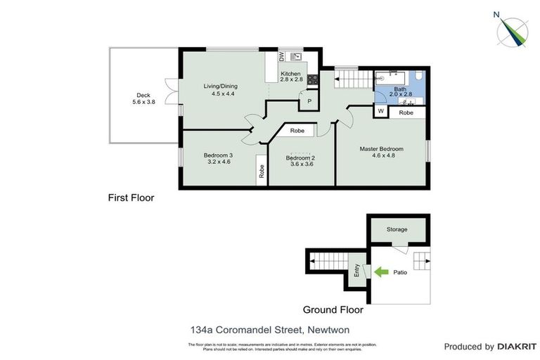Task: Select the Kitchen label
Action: point(290,74)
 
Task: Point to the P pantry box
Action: point(309,103)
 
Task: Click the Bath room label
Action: point(399,89)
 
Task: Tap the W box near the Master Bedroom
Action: point(380,112)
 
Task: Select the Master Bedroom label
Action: point(381,148)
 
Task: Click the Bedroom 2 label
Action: point(300,158)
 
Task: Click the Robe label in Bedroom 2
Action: point(297,131)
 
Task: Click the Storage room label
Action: point(397,230)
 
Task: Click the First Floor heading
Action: point(131,198)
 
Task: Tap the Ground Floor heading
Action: point(333,309)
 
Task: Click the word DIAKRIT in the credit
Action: point(517,347)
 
